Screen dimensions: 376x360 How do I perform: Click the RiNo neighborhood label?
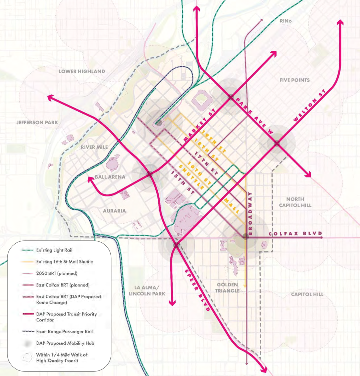(286, 21)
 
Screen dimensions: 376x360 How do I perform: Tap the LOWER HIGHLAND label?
(82, 71)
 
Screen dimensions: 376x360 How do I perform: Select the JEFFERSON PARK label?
(37, 122)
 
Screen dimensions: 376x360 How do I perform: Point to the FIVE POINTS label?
(294, 80)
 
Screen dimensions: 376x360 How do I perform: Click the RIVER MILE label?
(94, 147)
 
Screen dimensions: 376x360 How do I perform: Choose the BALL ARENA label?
(110, 177)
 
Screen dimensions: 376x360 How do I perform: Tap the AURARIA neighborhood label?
(114, 211)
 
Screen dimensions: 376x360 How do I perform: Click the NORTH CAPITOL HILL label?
(295, 202)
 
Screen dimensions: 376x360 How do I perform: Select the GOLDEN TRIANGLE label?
(227, 288)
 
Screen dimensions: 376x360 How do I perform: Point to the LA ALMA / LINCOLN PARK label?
(147, 291)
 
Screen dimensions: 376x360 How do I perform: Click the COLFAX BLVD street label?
(295, 234)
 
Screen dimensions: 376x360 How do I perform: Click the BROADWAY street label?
(250, 214)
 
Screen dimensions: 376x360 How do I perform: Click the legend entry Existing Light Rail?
(54, 250)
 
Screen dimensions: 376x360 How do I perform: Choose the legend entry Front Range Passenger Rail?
(64, 332)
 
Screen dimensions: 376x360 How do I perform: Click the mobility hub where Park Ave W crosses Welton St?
(277, 143)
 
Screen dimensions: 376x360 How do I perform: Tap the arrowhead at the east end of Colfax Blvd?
(321, 238)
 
